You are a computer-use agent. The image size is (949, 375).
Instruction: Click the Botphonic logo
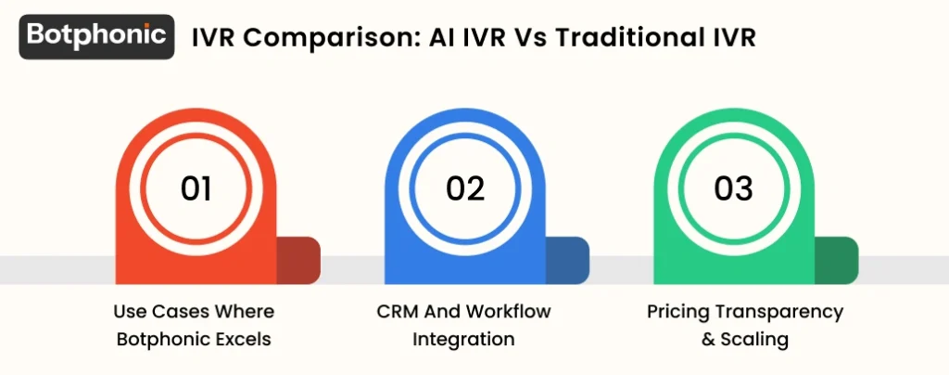[x=96, y=36]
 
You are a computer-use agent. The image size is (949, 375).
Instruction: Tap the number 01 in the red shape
[x=196, y=188]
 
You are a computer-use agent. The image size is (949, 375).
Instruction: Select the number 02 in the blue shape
[x=464, y=188]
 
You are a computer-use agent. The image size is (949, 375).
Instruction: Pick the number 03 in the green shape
[x=733, y=188]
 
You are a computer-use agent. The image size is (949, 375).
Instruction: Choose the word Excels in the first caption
[x=243, y=339]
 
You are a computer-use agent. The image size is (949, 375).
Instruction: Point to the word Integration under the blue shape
[x=463, y=339]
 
